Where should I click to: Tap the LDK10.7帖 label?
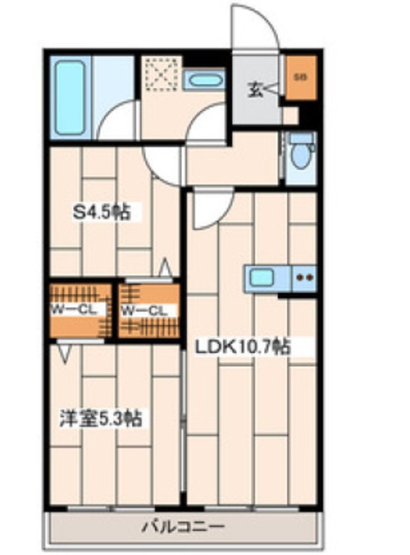[x=242, y=345]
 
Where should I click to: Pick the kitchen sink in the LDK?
[x=260, y=279]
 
